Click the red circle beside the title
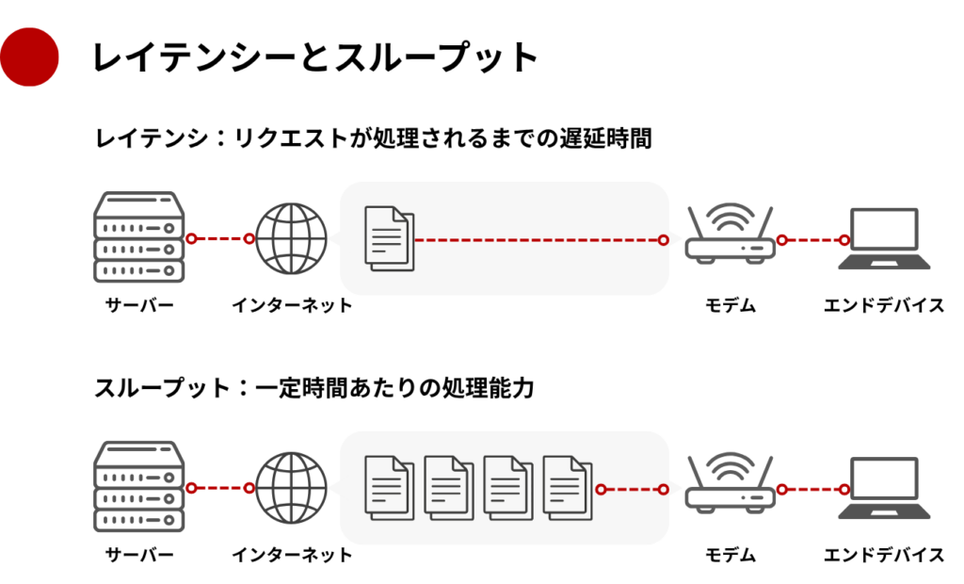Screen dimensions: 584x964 tap(29, 57)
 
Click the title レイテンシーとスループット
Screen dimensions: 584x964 tap(315, 57)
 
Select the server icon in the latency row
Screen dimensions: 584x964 tap(138, 237)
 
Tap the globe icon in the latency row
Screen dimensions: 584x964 tap(292, 238)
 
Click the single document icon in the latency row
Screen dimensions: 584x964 tap(388, 239)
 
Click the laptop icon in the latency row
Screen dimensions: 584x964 tap(884, 239)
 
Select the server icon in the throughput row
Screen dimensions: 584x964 tap(138, 487)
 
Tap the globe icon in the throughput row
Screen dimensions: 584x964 tap(292, 488)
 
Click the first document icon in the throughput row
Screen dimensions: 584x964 tap(388, 489)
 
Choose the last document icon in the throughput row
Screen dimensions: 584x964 tap(567, 489)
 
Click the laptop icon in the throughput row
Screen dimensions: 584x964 tap(884, 489)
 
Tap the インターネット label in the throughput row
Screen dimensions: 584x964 tap(292, 555)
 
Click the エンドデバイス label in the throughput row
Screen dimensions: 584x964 tap(884, 555)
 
